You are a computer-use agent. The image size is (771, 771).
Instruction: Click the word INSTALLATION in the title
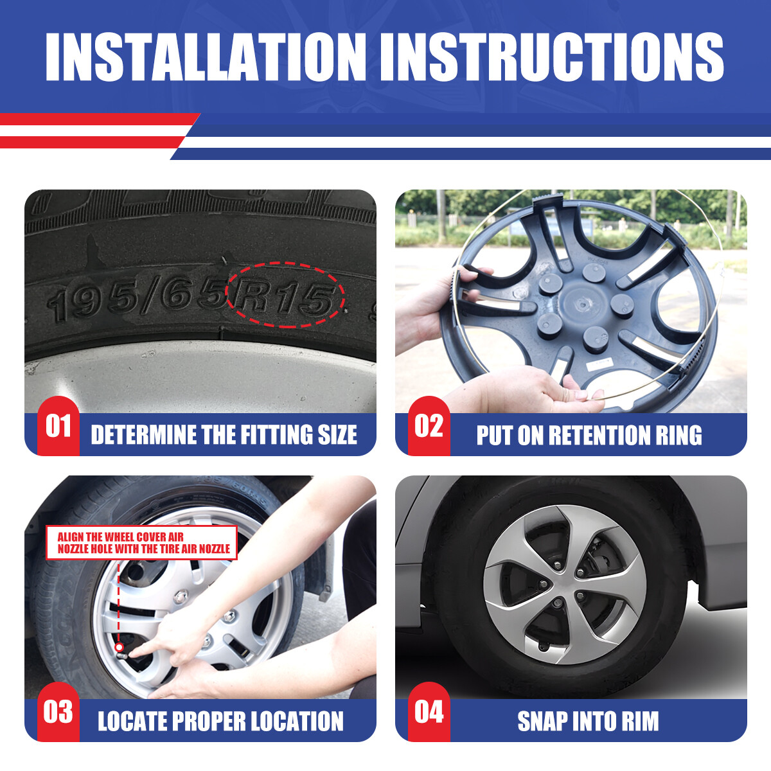(205, 57)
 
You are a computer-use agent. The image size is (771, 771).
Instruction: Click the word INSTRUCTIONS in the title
(552, 57)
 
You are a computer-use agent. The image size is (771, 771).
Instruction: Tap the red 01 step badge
(58, 426)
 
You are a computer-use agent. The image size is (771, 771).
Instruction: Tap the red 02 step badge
(429, 426)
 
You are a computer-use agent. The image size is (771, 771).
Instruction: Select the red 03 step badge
(58, 712)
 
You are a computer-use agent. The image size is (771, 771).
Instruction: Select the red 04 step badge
(429, 712)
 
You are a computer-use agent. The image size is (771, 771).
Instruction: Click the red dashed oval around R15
(285, 263)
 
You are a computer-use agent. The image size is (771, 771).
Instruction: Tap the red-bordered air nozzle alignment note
(142, 542)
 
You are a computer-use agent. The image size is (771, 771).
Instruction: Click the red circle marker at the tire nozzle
(118, 648)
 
